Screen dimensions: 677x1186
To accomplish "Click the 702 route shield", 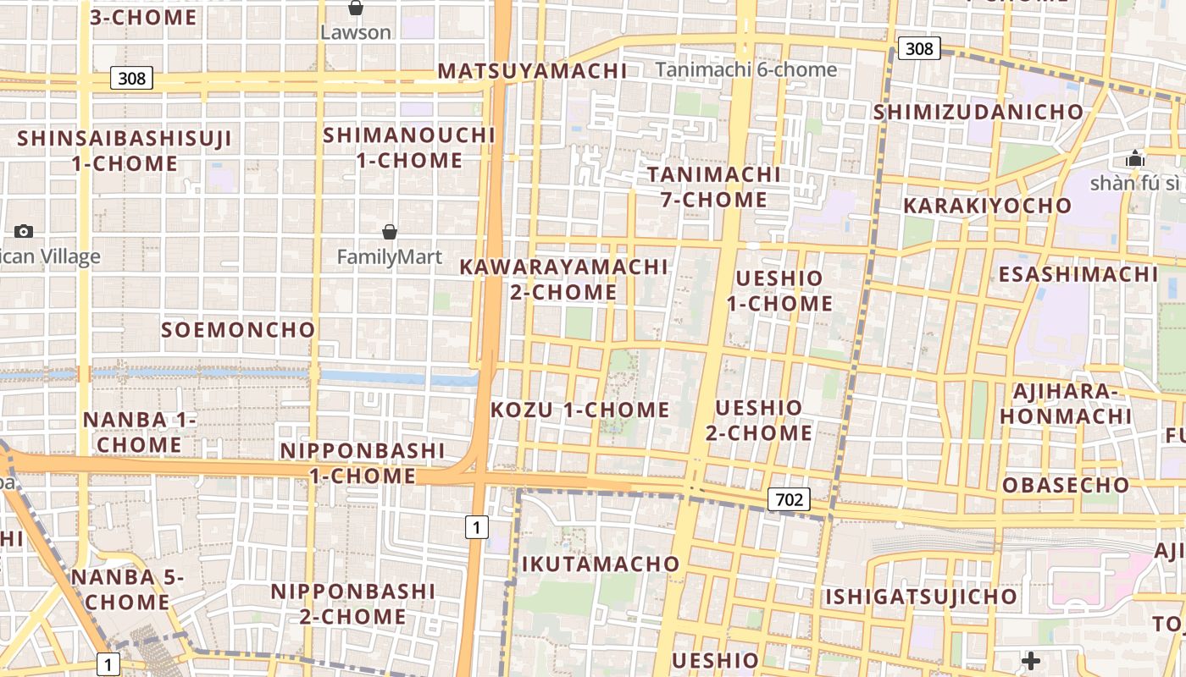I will pyautogui.click(x=789, y=499).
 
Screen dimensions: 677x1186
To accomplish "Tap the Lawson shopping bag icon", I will pyautogui.click(x=356, y=8).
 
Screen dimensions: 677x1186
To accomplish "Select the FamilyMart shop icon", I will pyautogui.click(x=390, y=232).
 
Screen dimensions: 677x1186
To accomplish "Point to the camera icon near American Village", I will pyautogui.click(x=24, y=231).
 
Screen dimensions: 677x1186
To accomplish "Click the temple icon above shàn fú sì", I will pyautogui.click(x=1135, y=158).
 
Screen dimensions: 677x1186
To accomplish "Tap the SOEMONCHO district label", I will pyautogui.click(x=238, y=330).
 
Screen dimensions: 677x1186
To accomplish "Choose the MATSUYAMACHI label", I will pyautogui.click(x=532, y=71).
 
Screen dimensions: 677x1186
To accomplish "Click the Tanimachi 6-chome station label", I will pyautogui.click(x=746, y=70).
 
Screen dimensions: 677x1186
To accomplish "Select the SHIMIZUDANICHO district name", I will pyautogui.click(x=978, y=112).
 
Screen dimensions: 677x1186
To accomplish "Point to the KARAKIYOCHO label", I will pyautogui.click(x=987, y=206).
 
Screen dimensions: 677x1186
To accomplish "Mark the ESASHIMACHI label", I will pyautogui.click(x=1078, y=274).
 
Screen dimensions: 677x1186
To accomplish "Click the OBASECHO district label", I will pyautogui.click(x=1066, y=485).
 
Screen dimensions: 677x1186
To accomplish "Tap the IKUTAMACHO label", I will pyautogui.click(x=601, y=564).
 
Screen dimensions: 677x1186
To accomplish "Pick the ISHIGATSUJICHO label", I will pyautogui.click(x=921, y=597).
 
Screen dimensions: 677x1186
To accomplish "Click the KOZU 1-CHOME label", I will pyautogui.click(x=580, y=410).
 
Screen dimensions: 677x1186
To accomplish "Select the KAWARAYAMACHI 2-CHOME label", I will pyautogui.click(x=563, y=279).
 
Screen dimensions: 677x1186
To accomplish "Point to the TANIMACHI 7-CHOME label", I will pyautogui.click(x=714, y=187).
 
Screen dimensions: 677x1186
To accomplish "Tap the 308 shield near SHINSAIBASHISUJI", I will pyautogui.click(x=131, y=79).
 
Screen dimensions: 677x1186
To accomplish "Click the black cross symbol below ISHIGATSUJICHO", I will pyautogui.click(x=1031, y=660).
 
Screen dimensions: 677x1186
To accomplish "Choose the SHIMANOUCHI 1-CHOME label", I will pyautogui.click(x=409, y=147).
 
